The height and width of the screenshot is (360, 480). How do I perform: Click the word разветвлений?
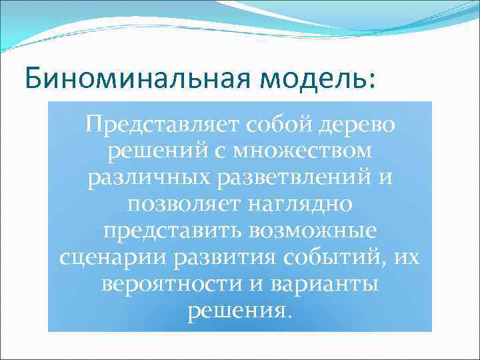(291, 179)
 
